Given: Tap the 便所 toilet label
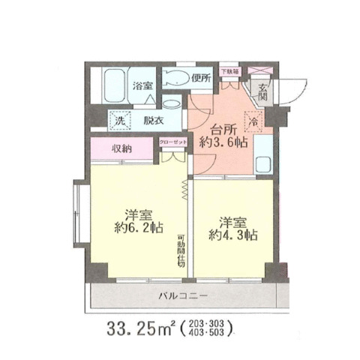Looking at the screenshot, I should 200,76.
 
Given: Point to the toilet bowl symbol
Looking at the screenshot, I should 175,78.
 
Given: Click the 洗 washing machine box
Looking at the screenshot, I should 119,120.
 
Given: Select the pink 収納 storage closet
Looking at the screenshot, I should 122,148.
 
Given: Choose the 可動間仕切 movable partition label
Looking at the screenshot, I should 181,250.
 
